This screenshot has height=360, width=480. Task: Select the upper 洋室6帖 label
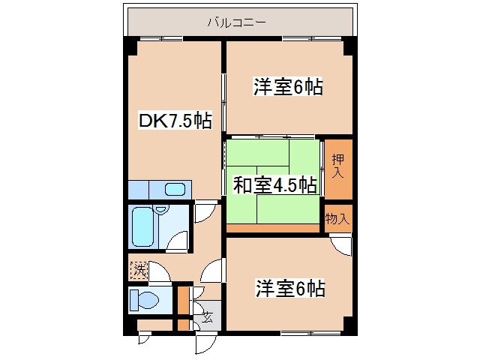(288, 88)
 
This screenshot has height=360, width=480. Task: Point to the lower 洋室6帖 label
(289, 288)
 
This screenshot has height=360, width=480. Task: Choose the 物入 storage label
(337, 219)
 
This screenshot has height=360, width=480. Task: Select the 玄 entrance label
(206, 316)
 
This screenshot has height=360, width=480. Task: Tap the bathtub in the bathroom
(142, 226)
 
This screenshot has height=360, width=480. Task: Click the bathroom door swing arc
(178, 241)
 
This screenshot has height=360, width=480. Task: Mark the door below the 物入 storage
(340, 244)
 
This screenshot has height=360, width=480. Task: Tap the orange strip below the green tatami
(273, 228)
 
